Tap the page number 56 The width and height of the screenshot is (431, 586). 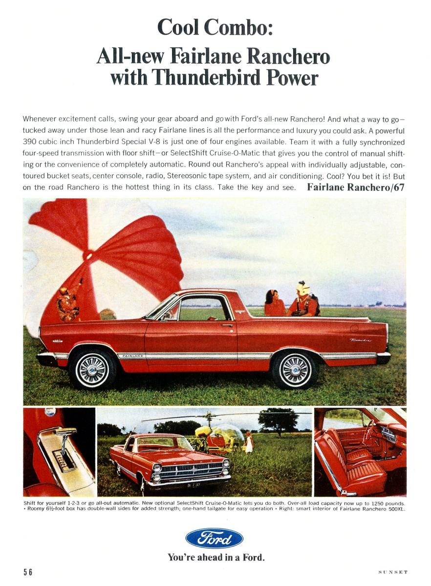tap(28, 572)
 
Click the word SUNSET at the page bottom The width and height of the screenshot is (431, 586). tap(392, 572)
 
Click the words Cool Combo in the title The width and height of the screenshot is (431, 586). tap(214, 26)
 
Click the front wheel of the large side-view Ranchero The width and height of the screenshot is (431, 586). tap(91, 369)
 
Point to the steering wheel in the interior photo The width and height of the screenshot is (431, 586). tap(371, 430)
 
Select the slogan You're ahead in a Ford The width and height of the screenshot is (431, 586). tap(215, 557)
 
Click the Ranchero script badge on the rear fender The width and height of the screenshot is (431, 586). tap(361, 340)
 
